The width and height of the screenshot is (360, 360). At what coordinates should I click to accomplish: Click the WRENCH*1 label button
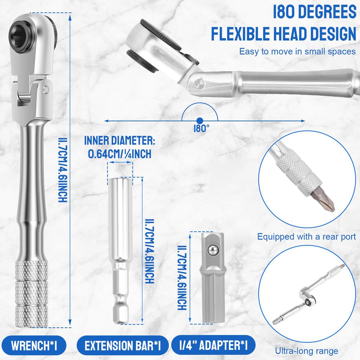pyautogui.click(x=34, y=346)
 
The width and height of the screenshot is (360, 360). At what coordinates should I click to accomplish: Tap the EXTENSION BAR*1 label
pyautogui.click(x=122, y=346)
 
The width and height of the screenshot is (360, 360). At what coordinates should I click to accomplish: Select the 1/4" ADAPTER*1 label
pyautogui.click(x=213, y=346)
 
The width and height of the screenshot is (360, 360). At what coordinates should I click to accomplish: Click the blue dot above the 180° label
pyautogui.click(x=199, y=120)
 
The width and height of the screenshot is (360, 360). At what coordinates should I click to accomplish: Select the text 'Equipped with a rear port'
pyautogui.click(x=307, y=237)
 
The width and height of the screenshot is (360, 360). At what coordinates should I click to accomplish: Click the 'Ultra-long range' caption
pyautogui.click(x=307, y=351)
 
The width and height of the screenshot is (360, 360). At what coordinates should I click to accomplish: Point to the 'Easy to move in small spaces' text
pyautogui.click(x=297, y=52)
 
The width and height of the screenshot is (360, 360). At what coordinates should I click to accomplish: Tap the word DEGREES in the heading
pyautogui.click(x=316, y=12)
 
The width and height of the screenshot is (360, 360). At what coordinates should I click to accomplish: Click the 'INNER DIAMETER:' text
pyautogui.click(x=120, y=141)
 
